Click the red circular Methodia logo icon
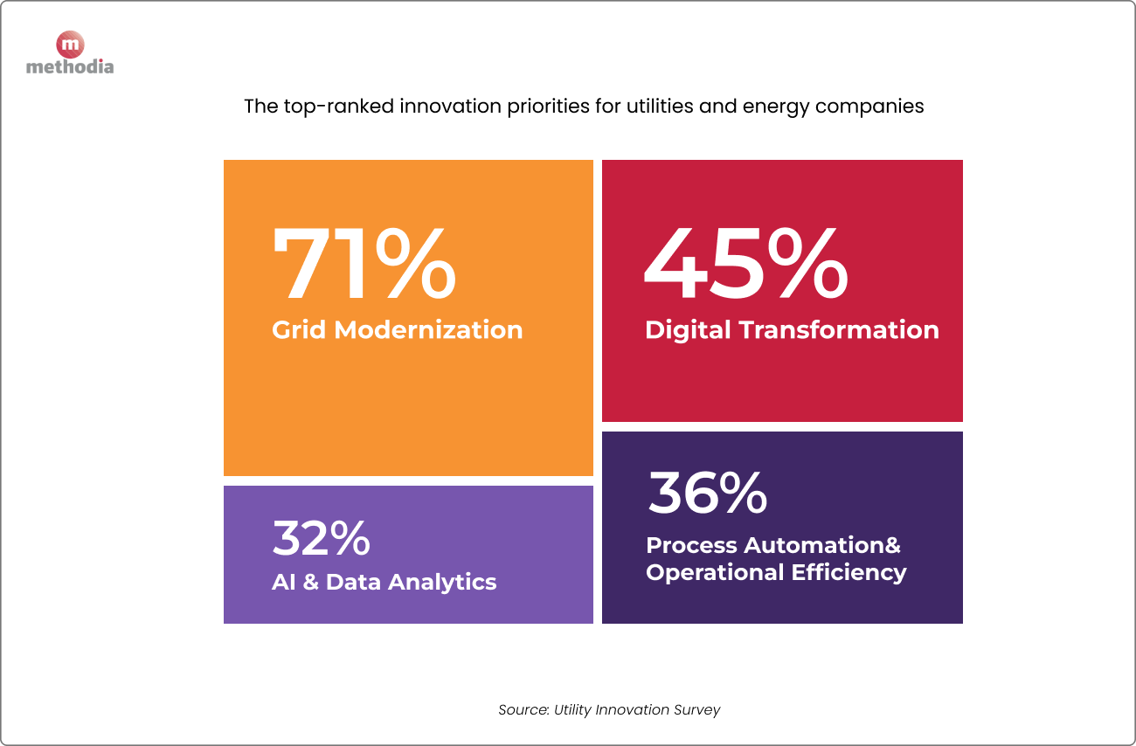click(x=69, y=45)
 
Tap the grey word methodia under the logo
click(x=70, y=66)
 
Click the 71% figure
click(x=364, y=265)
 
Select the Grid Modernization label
click(x=397, y=330)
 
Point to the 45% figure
click(x=745, y=265)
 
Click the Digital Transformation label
click(x=792, y=330)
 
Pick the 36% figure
click(x=707, y=493)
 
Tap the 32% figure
click(x=321, y=538)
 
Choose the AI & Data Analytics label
click(x=384, y=582)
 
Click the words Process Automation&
click(x=772, y=545)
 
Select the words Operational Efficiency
click(x=776, y=573)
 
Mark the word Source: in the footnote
click(x=523, y=709)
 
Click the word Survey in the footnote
click(x=696, y=709)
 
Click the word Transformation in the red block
click(x=839, y=330)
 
